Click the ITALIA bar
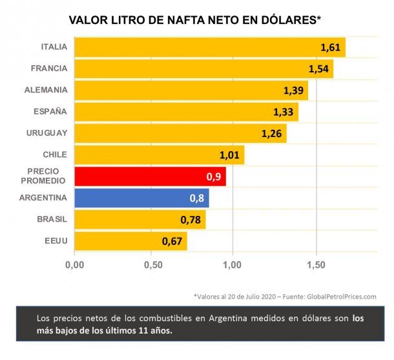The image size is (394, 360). pos(210,47)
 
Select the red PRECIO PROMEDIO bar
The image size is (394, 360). pos(150,176)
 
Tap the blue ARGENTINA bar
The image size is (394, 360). pos(141,198)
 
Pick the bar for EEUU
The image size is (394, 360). pos(130,242)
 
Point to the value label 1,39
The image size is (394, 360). pos(294,90)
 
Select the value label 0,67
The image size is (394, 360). pos(173,242)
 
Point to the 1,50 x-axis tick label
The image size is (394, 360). pos(316,264)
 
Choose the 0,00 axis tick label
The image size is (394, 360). pos(74,264)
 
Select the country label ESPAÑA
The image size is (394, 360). pos(50,111)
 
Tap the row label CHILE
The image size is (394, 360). pos(54,154)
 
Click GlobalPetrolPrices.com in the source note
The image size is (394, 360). pos(337,296)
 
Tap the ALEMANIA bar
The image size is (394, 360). pos(191,90)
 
